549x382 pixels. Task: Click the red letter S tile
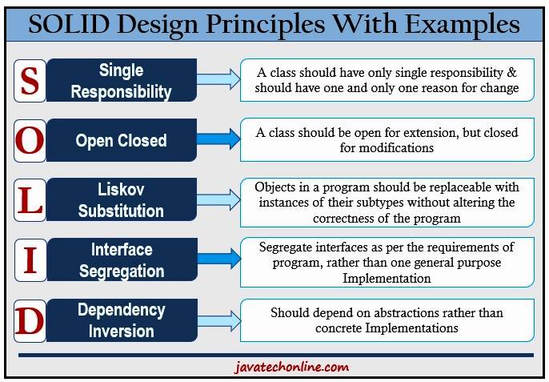click(30, 80)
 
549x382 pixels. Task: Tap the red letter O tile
click(30, 141)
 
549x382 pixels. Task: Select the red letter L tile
click(30, 200)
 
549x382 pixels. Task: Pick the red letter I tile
click(30, 260)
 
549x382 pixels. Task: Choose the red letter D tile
click(30, 320)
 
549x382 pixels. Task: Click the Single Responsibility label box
click(122, 80)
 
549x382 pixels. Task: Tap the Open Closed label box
click(122, 141)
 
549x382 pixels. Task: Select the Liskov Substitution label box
click(122, 200)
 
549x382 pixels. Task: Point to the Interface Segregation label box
click(122, 260)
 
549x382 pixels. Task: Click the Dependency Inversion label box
click(122, 320)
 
